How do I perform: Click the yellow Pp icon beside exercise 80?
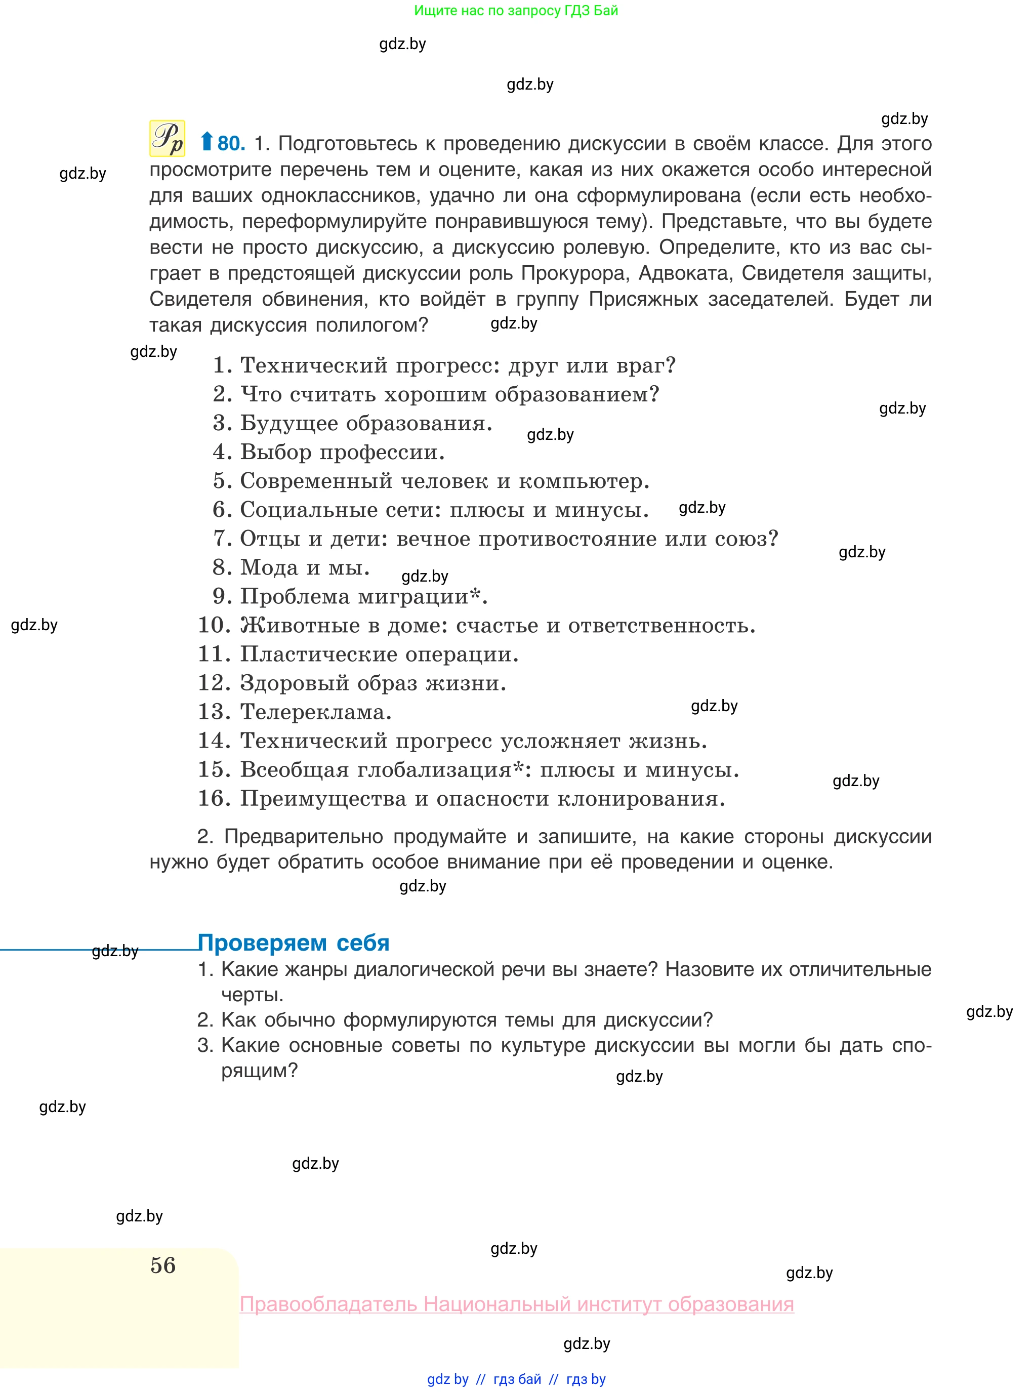tap(167, 138)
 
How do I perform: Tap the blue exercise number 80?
tap(231, 144)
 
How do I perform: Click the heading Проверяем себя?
tap(293, 943)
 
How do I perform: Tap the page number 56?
tap(163, 1265)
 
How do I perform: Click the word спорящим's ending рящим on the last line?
tap(259, 1070)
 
